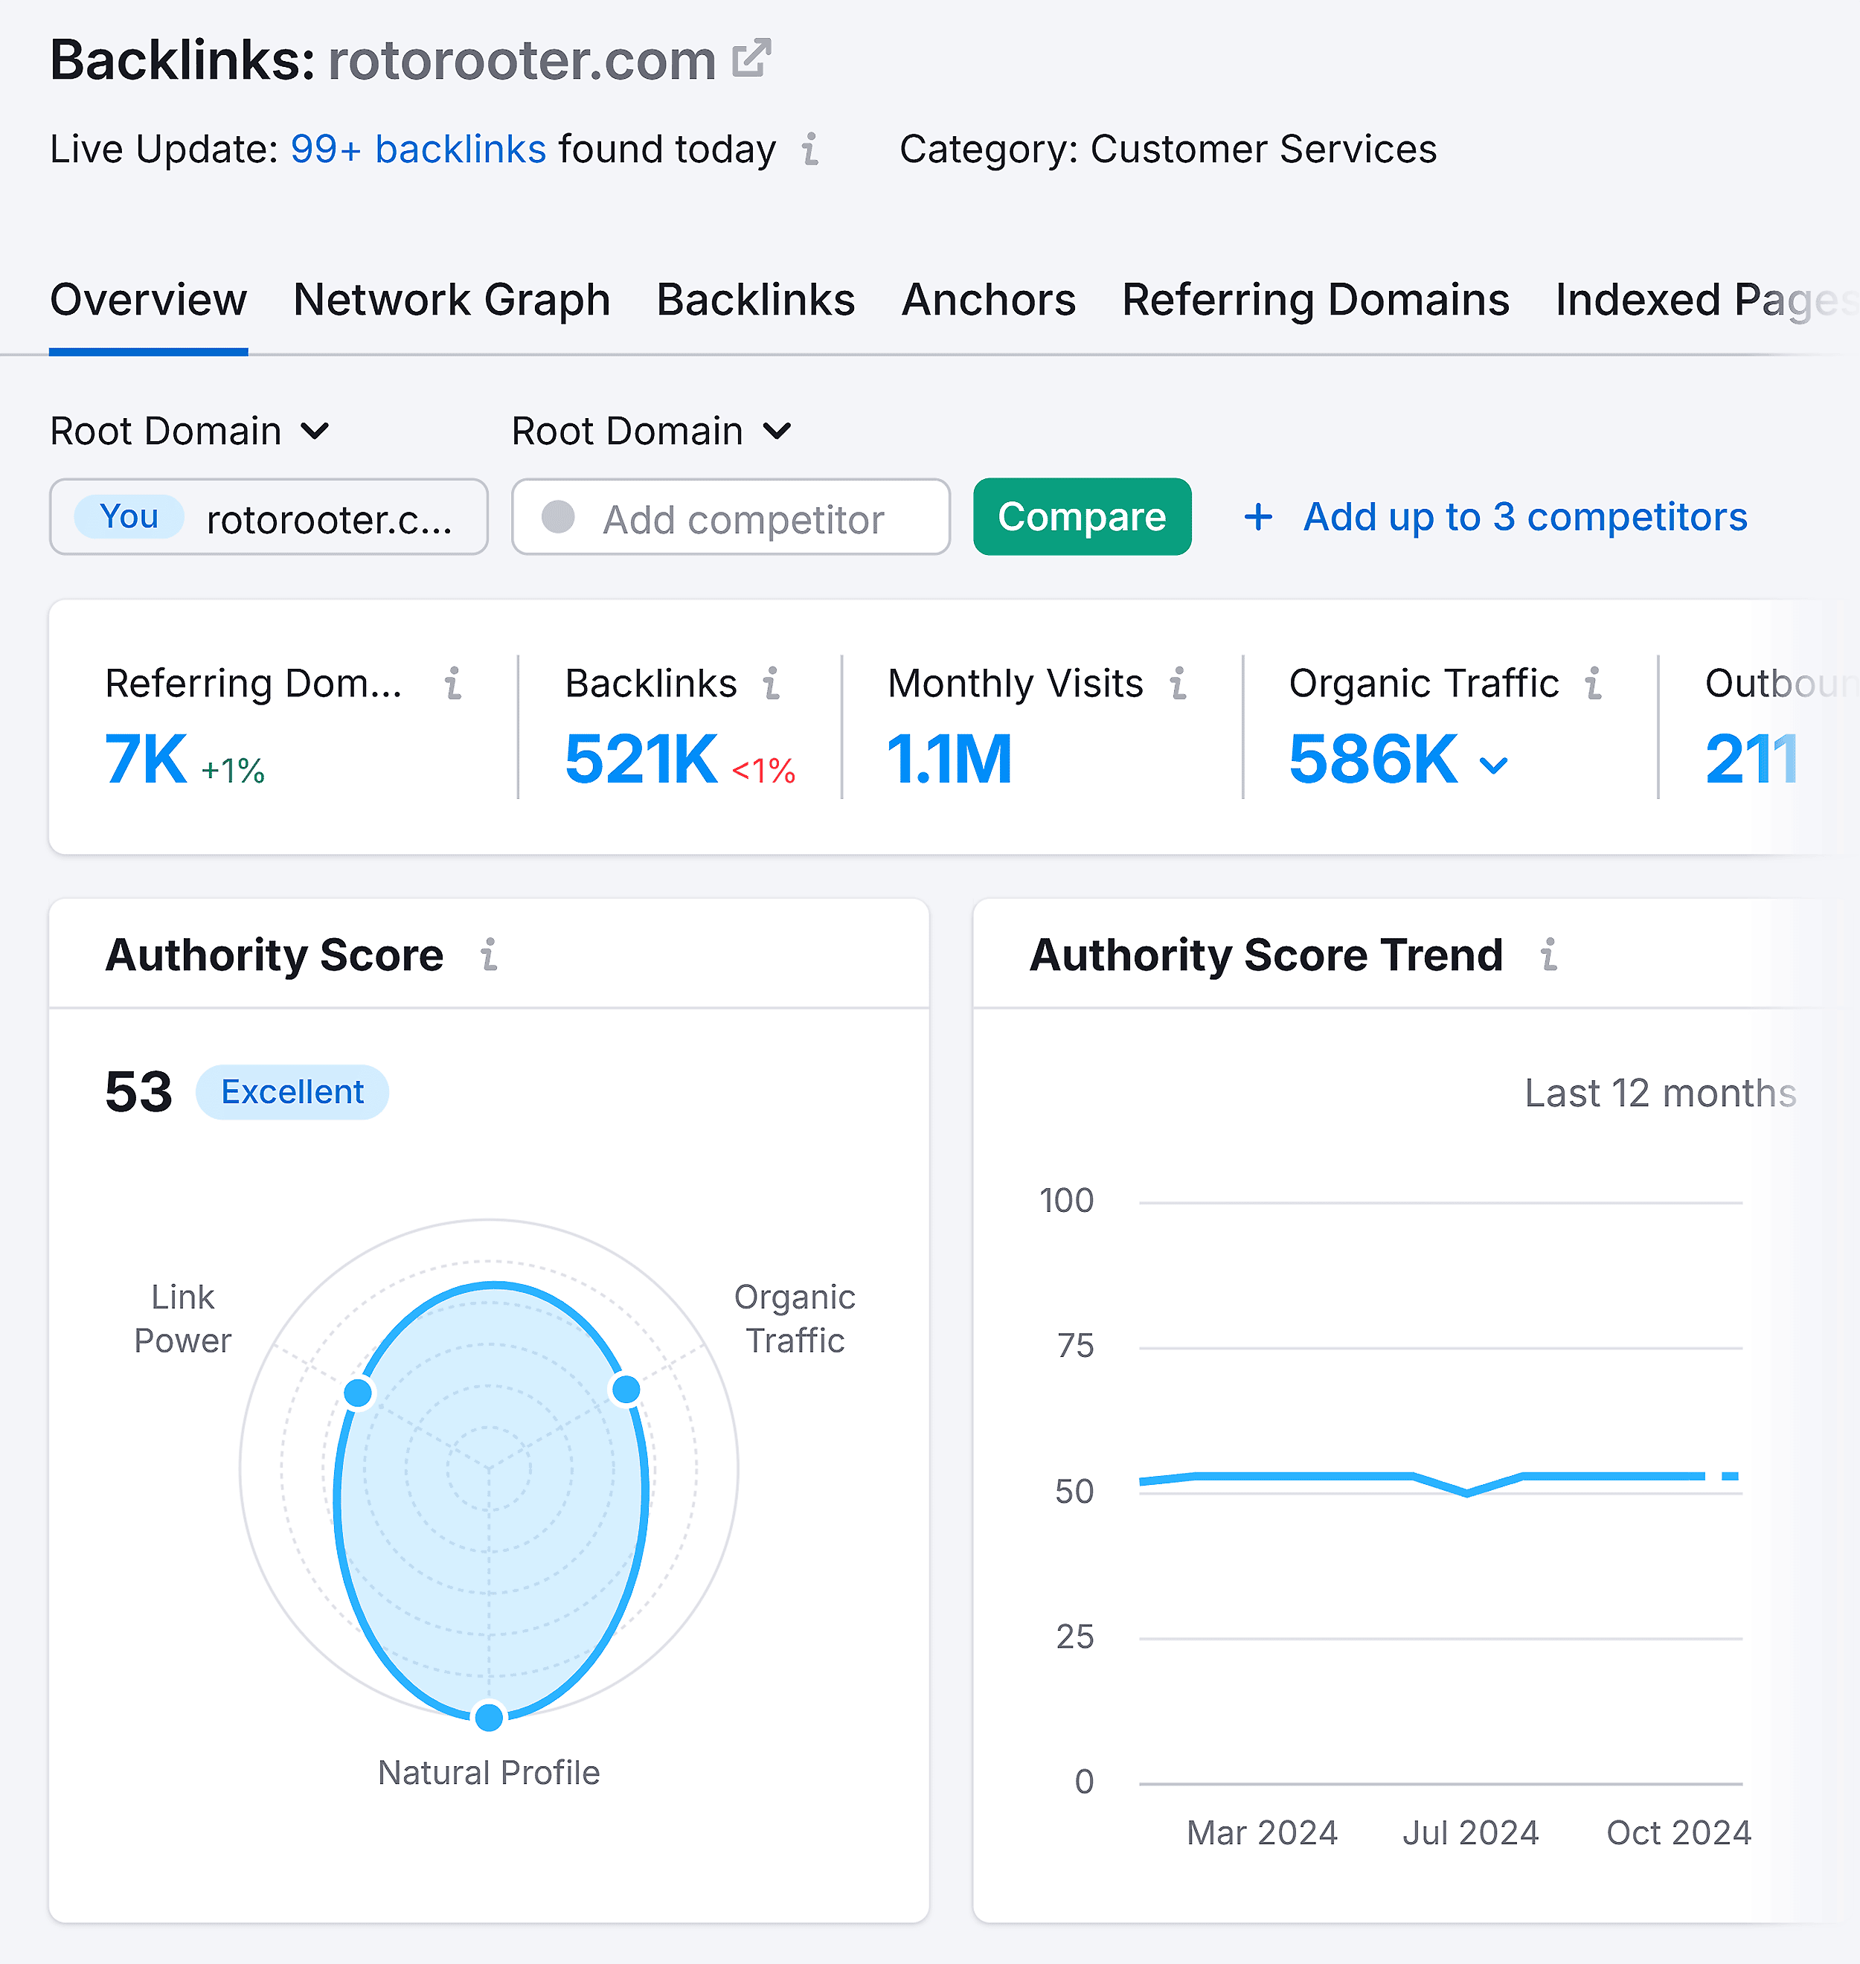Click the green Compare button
pyautogui.click(x=1081, y=516)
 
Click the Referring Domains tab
pyautogui.click(x=1315, y=299)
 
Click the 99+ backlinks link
pyautogui.click(x=417, y=150)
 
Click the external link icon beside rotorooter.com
pyautogui.click(x=751, y=59)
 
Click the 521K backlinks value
pyautogui.click(x=641, y=760)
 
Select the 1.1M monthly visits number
pyautogui.click(x=949, y=760)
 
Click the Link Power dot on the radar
pyautogui.click(x=358, y=1392)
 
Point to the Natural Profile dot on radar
pyautogui.click(x=489, y=1716)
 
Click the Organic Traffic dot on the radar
pyautogui.click(x=626, y=1389)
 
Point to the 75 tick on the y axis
pyautogui.click(x=1075, y=1345)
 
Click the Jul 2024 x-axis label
pyautogui.click(x=1469, y=1832)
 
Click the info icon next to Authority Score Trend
pyautogui.click(x=1548, y=954)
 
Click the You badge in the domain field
pyautogui.click(x=129, y=516)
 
